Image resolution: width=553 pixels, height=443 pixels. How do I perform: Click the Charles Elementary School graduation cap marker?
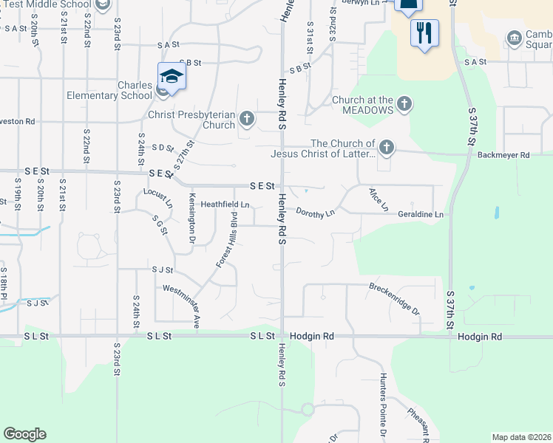(x=171, y=77)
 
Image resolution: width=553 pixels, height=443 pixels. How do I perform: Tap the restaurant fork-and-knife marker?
(x=424, y=32)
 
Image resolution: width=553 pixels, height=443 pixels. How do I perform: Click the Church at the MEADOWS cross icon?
(x=404, y=103)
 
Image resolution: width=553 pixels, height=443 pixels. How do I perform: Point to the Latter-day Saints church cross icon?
(x=386, y=148)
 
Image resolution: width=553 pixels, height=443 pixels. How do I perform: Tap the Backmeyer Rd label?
(x=504, y=155)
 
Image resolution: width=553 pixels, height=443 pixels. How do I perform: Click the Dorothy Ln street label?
(x=316, y=213)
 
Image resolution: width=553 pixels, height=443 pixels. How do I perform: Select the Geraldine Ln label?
(x=419, y=214)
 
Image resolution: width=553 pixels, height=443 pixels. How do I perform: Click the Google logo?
(x=24, y=434)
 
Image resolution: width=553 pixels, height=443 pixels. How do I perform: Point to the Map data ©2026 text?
(x=520, y=437)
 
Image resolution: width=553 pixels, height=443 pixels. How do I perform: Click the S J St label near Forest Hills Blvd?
(x=162, y=270)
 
